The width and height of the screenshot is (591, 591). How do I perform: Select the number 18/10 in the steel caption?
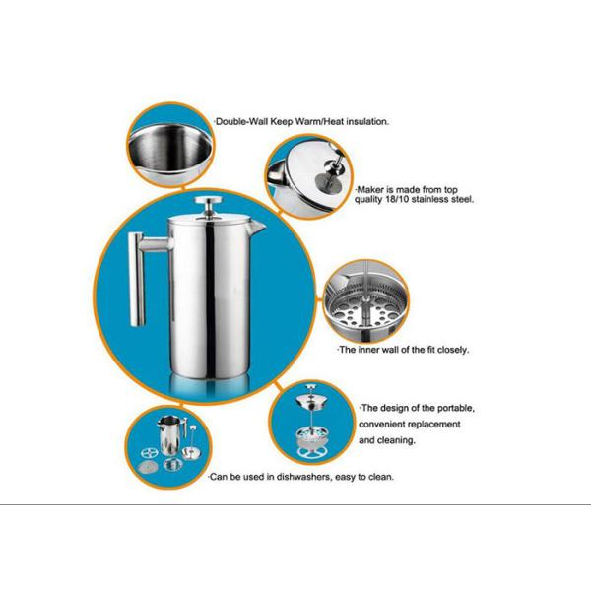coord(393,198)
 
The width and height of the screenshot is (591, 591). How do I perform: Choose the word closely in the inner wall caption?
coord(448,350)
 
